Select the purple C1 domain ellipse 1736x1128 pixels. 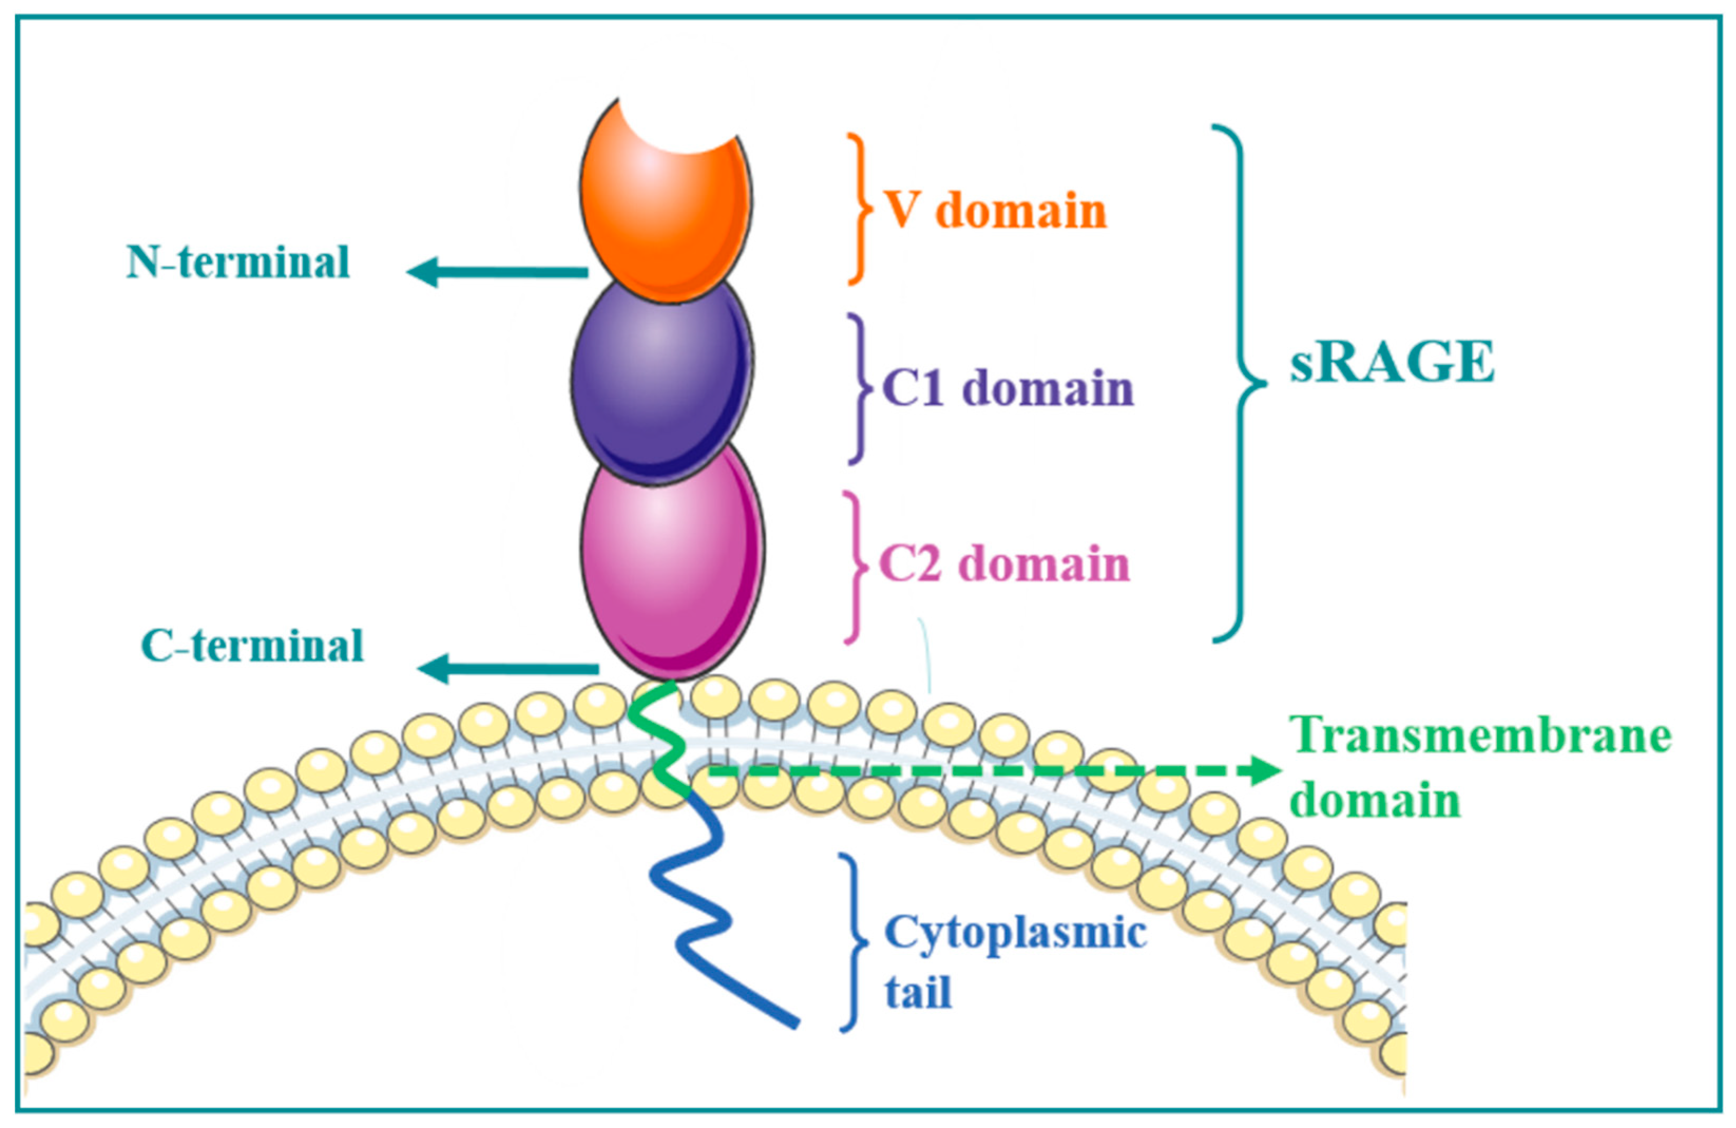(661, 379)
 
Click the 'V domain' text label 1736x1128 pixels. (996, 211)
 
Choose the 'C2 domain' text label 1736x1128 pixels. (1005, 565)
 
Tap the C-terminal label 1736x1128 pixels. (252, 646)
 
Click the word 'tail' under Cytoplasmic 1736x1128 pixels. (918, 993)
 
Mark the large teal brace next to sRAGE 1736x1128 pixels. (1240, 383)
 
